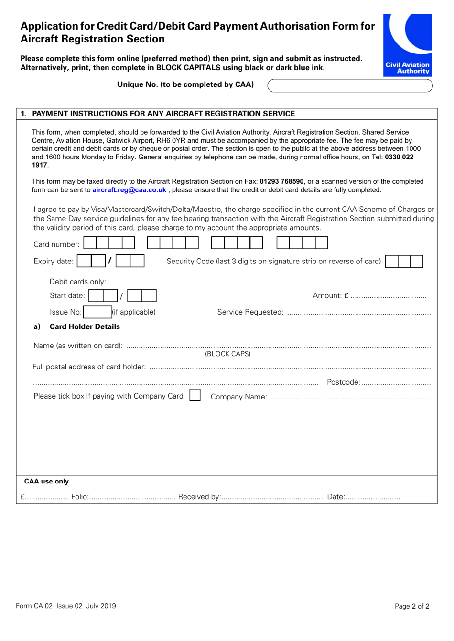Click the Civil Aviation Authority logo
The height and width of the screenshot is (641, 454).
point(407,45)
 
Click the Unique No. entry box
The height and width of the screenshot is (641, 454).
point(350,85)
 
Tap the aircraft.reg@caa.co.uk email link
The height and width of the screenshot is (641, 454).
point(129,190)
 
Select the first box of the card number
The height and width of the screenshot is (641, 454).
point(90,243)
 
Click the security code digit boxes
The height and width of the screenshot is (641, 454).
point(404,261)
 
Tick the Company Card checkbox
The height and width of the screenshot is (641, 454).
point(195,396)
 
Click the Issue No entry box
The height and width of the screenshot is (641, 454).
point(97,312)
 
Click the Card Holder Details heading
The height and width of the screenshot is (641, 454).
point(85,326)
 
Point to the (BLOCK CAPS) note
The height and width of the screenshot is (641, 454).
point(227,354)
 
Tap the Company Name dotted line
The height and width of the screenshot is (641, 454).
point(350,398)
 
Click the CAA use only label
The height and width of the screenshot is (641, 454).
point(46,481)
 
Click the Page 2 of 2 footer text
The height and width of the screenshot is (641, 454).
point(412,606)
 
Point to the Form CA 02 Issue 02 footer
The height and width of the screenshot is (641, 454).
point(66,606)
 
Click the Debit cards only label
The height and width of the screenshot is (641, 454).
point(77,282)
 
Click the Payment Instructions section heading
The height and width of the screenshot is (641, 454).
point(163,114)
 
